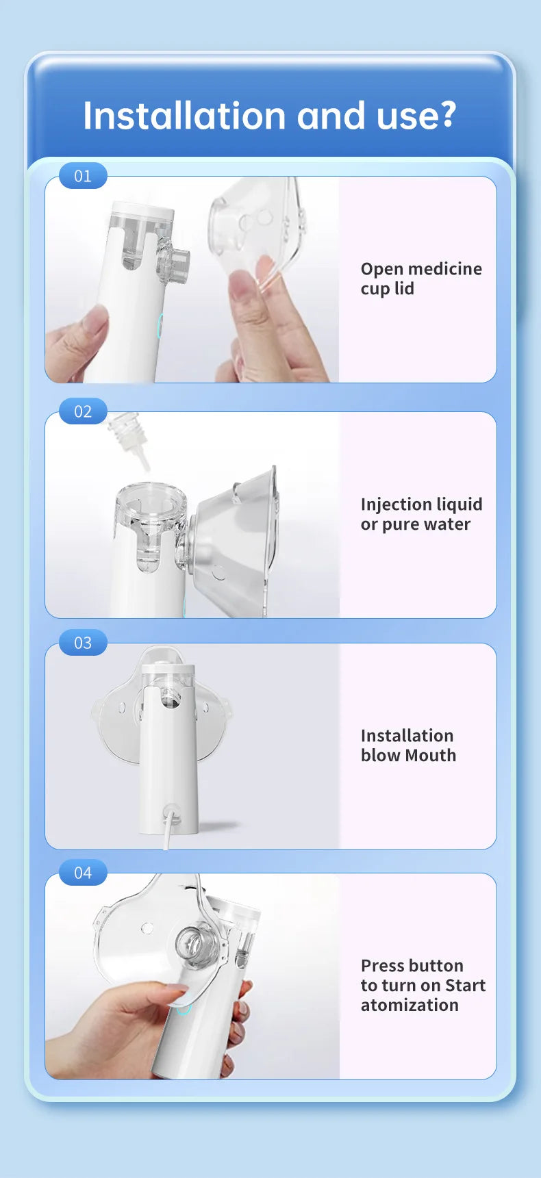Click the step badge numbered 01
[x=83, y=176]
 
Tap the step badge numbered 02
[x=83, y=411]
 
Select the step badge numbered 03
[x=83, y=643]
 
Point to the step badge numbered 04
[x=83, y=873]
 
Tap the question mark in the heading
[x=449, y=115]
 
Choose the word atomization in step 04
[x=410, y=1006]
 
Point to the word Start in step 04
[x=465, y=986]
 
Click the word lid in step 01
[x=404, y=289]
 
